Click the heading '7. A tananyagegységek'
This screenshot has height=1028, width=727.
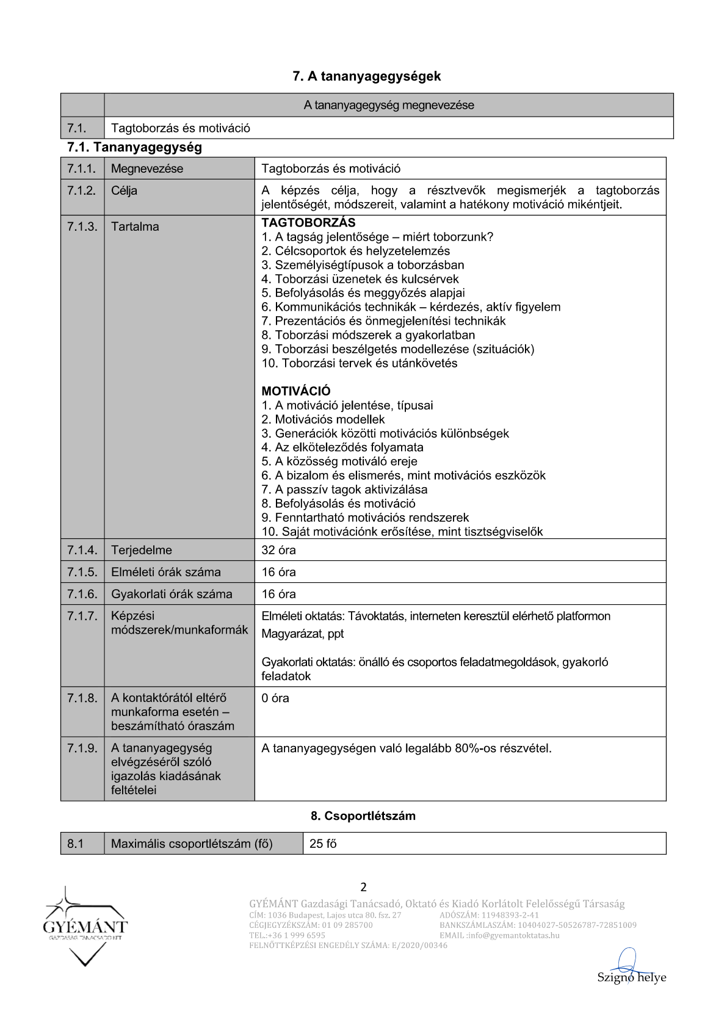[366, 76]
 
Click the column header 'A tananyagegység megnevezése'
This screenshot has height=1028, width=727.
[389, 105]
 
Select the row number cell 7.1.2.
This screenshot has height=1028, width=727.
[82, 190]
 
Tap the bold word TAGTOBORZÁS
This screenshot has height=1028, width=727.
[308, 223]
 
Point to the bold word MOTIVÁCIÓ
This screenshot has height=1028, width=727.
[296, 391]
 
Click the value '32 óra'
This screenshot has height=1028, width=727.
[278, 550]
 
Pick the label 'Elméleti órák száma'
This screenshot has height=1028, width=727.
[165, 572]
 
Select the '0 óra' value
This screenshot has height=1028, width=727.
[275, 698]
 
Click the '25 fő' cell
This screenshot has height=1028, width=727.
[323, 844]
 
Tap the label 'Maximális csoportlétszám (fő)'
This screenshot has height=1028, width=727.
[192, 844]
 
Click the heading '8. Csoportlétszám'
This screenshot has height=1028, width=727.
[363, 816]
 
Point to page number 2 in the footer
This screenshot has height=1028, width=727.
[364, 887]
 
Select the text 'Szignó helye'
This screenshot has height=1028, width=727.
[631, 977]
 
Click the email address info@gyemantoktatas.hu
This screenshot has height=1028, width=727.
[513, 935]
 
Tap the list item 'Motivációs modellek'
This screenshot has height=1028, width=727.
[330, 419]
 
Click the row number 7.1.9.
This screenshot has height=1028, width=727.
[82, 748]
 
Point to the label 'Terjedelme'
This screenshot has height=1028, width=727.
[142, 550]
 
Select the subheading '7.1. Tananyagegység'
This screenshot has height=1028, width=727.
[134, 147]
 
